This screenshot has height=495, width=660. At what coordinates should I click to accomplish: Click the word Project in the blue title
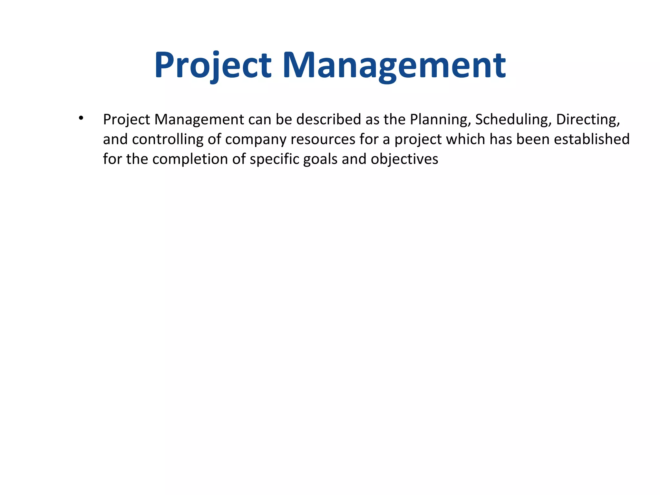click(x=213, y=65)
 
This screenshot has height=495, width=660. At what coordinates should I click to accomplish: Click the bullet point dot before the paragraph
click(x=81, y=118)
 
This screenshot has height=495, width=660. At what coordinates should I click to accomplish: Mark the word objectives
click(x=404, y=160)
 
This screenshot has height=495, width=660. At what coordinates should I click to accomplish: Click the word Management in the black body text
click(x=199, y=120)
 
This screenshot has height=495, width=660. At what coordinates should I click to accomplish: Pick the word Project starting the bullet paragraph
click(x=126, y=120)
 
